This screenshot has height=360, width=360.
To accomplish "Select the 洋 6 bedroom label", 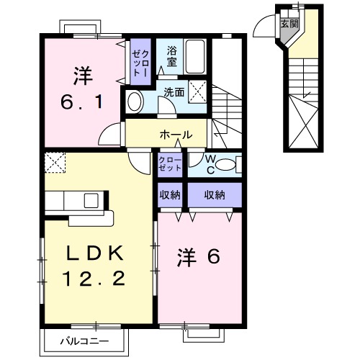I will coord(198,257).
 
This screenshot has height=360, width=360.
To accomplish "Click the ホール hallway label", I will coord(176,134).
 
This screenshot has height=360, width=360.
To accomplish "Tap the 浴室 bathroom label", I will coord(171,58).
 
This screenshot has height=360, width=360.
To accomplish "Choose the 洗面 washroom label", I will coord(173,93).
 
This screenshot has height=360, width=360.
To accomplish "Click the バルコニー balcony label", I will coord(89,339).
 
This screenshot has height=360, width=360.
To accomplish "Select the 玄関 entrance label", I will coord(289,24).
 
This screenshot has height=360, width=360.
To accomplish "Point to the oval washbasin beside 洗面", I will coord(135,102).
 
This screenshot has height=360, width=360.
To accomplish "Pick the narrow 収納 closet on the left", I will coord(171,194).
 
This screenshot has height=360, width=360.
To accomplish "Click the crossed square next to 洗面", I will coord(201,91).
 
